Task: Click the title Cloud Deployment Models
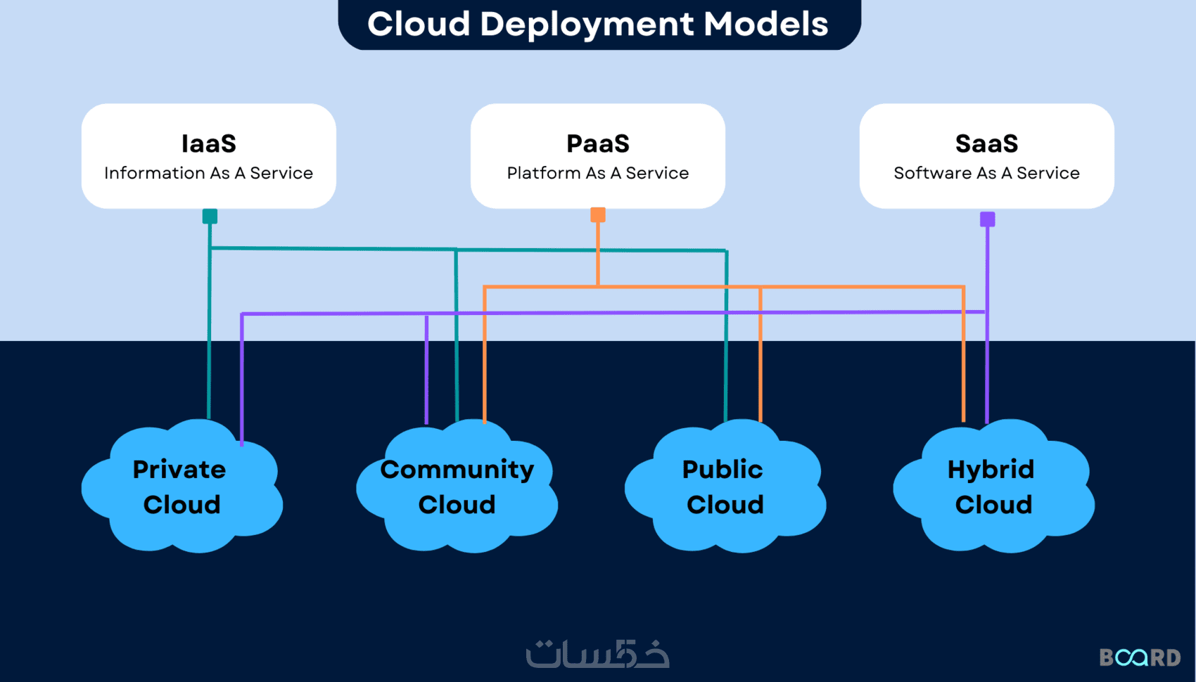tap(598, 24)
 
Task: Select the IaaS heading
tap(209, 143)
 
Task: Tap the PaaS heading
tap(598, 143)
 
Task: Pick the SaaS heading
tap(986, 143)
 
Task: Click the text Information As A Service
tap(209, 173)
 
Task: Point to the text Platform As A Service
tap(598, 173)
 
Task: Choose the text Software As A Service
tap(986, 173)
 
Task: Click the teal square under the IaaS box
tap(210, 217)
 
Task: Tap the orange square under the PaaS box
tap(598, 215)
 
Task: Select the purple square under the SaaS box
tap(988, 219)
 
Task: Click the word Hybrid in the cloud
tap(991, 469)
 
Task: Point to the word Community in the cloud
tap(457, 469)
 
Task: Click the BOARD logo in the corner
tap(1140, 657)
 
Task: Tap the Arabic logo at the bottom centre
tap(598, 654)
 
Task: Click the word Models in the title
tap(766, 24)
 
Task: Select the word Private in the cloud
tap(179, 469)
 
